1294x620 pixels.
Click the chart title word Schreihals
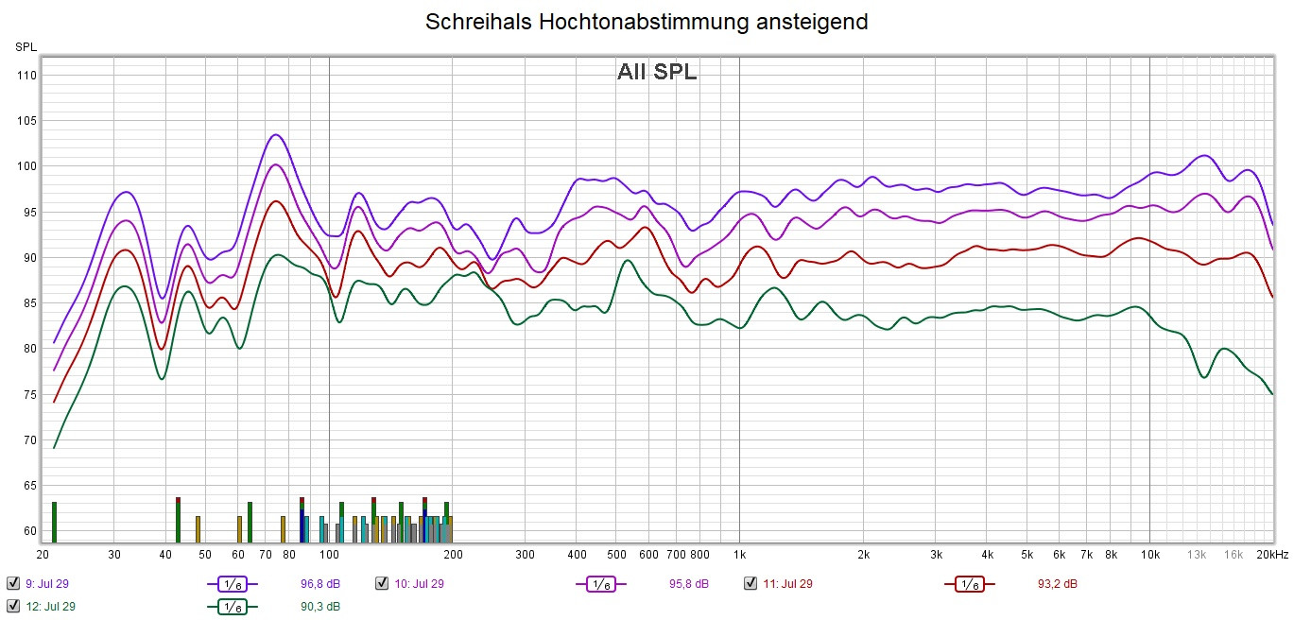[x=477, y=22]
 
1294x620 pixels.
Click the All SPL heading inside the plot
[x=657, y=72]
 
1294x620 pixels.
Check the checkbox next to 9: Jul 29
[x=12, y=583]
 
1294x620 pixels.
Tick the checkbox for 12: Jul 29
[x=12, y=606]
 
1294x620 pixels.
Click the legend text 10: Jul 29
[x=419, y=584]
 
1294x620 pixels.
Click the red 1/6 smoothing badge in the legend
[x=969, y=584]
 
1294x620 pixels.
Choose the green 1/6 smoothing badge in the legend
[x=232, y=607]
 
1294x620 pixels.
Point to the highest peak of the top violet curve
[x=275, y=135]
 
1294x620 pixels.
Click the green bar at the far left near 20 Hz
[x=55, y=522]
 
